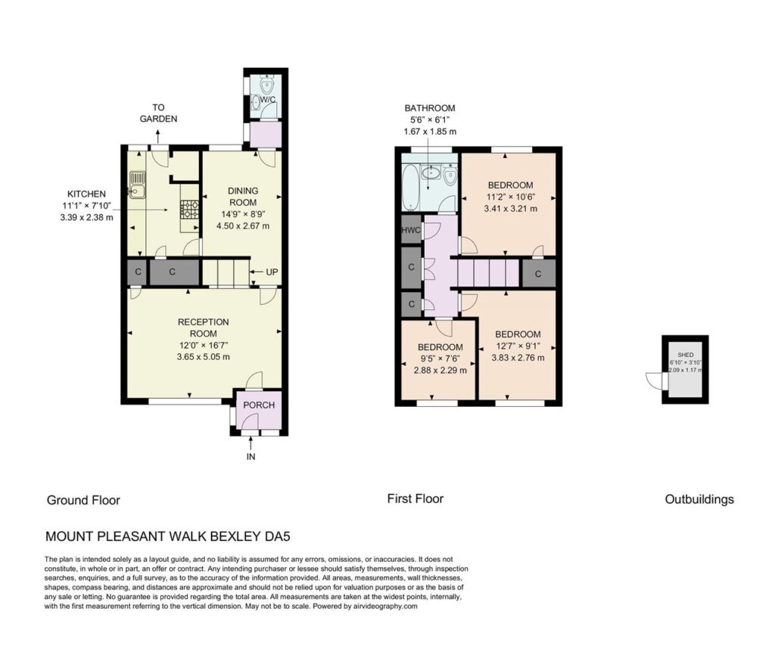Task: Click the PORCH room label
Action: pos(259,405)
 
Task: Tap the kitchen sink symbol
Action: pos(137,183)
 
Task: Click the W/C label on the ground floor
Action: pos(267,99)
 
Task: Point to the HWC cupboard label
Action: pos(411,230)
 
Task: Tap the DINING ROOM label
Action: pos(243,197)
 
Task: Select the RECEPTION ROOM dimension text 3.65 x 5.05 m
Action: pos(203,356)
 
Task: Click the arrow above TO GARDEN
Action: pos(158,136)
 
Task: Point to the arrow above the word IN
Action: pos(251,443)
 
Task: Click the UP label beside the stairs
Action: pos(272,272)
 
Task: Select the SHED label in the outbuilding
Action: pos(686,355)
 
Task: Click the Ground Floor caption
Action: pos(83,500)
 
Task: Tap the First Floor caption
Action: pos(416,498)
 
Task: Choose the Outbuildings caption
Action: pos(699,499)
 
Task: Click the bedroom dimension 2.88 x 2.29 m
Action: pos(440,370)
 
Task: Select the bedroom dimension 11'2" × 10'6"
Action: pos(511,197)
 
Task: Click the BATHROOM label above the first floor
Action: pos(430,107)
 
